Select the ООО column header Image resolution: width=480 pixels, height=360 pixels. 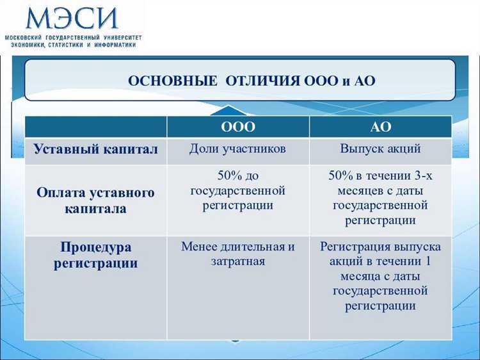pos(237,127)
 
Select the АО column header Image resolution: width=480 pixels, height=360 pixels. pos(380,127)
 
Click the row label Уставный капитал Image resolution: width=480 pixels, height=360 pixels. pos(95,150)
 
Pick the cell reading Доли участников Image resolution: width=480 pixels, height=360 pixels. pos(237,149)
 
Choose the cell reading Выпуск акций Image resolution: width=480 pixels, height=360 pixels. pos(380,149)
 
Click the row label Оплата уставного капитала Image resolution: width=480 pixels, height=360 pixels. pos(95,200)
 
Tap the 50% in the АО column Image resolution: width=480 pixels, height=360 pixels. pos(340,176)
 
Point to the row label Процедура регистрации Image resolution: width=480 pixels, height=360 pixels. pos(95,255)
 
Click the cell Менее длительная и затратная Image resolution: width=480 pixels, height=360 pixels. pos(237,254)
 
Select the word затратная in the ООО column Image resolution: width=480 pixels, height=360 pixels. pos(237,261)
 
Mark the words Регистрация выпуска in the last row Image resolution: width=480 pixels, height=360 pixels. pos(380,247)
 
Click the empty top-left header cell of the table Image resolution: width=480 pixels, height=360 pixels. pos(95,127)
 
